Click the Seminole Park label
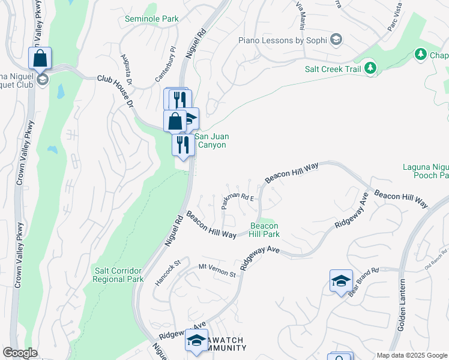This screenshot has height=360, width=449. pyautogui.click(x=152, y=19)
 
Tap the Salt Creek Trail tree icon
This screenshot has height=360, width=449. pyautogui.click(x=371, y=68)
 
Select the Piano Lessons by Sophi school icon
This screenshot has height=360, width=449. pyautogui.click(x=336, y=40)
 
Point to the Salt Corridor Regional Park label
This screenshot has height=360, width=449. pyautogui.click(x=118, y=275)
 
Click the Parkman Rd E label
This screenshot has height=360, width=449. pyautogui.click(x=238, y=199)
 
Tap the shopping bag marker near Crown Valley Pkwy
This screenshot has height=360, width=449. pyautogui.click(x=40, y=59)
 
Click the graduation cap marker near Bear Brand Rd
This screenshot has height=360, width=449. pyautogui.click(x=341, y=281)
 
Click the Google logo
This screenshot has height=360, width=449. pyautogui.click(x=20, y=353)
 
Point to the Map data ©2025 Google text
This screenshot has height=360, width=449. pyautogui.click(x=411, y=355)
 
